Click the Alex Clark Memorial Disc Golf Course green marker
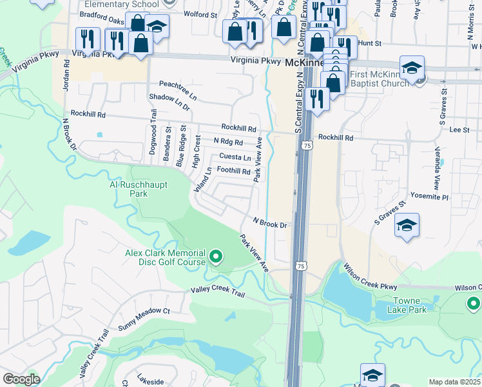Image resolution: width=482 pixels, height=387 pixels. pyautogui.click(x=217, y=257)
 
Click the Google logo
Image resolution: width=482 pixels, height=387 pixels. pyautogui.click(x=21, y=379)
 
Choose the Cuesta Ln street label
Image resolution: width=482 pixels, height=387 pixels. pyautogui.click(x=235, y=157)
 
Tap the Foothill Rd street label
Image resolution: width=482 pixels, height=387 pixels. pyautogui.click(x=233, y=171)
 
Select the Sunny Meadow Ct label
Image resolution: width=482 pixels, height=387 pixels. pyautogui.click(x=144, y=310)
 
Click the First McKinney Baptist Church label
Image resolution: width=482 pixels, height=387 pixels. pyautogui.click(x=380, y=79)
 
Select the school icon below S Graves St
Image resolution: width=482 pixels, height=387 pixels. pyautogui.click(x=407, y=226)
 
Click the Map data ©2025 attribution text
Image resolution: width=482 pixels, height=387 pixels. pyautogui.click(x=455, y=382)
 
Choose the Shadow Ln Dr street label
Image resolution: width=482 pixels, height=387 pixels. pyautogui.click(x=169, y=103)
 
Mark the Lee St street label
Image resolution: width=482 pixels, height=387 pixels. pyautogui.click(x=459, y=130)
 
